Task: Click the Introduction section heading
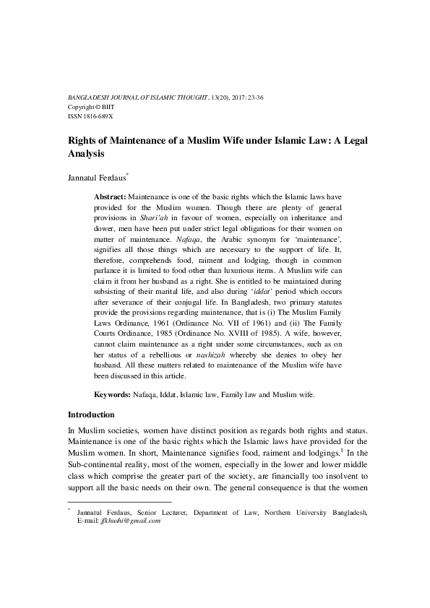[x=91, y=415]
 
